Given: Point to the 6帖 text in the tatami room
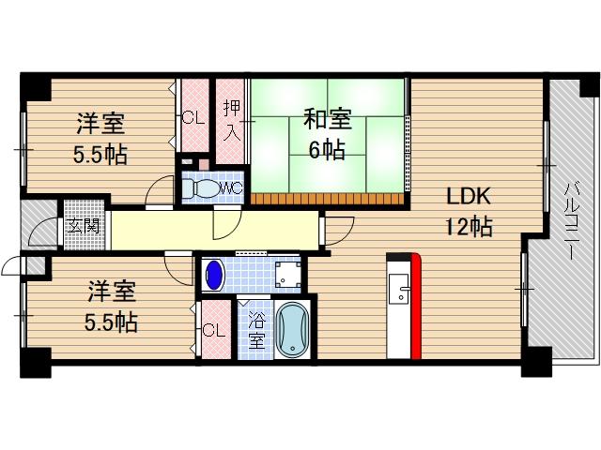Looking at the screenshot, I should pos(327,148).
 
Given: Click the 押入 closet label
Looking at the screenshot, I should pos(231,119).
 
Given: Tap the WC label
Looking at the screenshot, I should pos(231,187).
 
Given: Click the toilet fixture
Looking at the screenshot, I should pos(198,187).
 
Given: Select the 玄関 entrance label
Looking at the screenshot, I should pos(83,227).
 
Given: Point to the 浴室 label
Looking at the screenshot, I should pos(255,329).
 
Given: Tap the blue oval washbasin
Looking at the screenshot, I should pos(215,275).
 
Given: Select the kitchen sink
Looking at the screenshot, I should pos(399,289).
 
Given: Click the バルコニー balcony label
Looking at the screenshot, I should pos(570,217).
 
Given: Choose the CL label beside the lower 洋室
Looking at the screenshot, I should pos(213,330).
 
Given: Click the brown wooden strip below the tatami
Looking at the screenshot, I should pos(328,198).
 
